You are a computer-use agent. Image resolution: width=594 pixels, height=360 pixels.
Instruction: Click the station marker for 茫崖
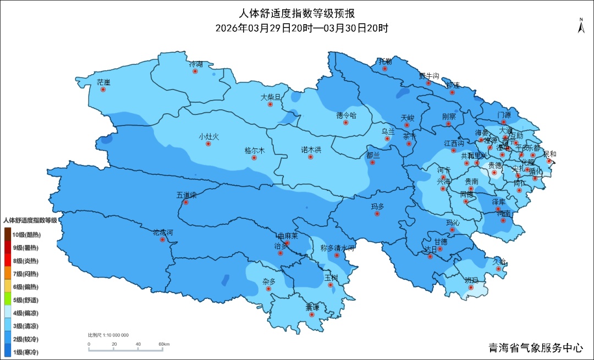point(103,89)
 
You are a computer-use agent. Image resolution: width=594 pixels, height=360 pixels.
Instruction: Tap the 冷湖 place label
point(196,64)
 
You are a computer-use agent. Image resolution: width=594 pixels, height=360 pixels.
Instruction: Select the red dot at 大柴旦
point(270,104)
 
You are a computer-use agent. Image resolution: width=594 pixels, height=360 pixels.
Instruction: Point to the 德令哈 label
point(346,115)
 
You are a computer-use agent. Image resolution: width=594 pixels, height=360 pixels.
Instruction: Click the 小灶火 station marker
point(208,144)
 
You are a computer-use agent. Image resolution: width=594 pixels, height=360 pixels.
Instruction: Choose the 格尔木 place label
point(254,150)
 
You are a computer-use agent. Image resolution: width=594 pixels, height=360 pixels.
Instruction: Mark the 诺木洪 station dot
point(311,157)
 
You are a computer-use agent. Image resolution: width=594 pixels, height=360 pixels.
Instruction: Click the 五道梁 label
point(186,195)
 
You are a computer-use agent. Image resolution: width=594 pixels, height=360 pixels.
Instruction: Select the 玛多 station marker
point(377,214)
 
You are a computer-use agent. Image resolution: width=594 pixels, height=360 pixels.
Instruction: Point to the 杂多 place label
point(269,281)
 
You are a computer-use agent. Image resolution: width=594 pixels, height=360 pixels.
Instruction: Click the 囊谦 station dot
point(312,315)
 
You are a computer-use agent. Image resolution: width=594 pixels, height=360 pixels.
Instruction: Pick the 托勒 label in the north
point(385,61)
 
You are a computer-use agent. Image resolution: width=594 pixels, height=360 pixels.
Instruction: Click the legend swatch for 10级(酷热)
point(8,235)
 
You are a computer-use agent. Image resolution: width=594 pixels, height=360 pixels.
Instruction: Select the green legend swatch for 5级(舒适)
point(8,300)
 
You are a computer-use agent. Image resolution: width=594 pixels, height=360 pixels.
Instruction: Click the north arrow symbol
point(581,26)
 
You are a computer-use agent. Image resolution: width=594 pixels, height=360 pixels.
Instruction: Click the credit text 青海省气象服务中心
point(535,348)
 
